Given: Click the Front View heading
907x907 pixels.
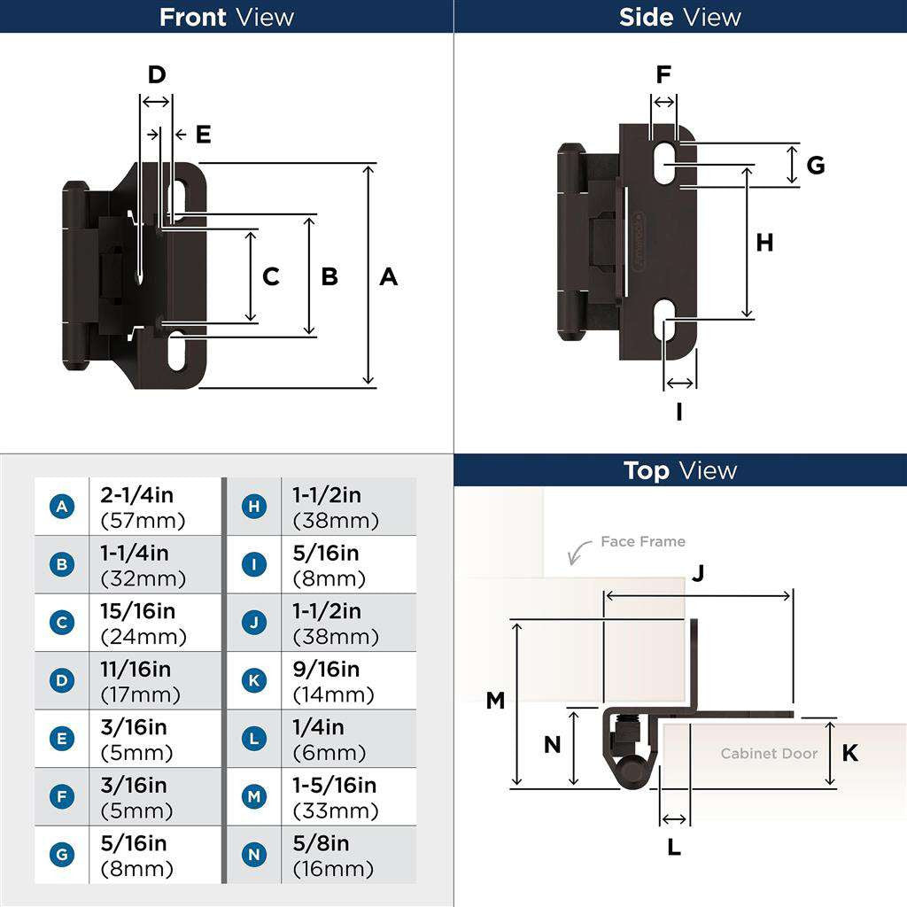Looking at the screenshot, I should (x=227, y=17).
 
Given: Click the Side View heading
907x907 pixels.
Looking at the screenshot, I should (x=680, y=17).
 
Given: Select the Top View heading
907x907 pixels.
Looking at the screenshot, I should (x=680, y=470).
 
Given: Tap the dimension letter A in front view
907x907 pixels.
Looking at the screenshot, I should (x=388, y=277).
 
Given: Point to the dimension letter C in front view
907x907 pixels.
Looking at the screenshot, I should (x=271, y=277).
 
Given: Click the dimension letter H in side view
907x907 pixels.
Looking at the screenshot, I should (x=764, y=243).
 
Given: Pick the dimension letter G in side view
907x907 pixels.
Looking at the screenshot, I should (x=816, y=166).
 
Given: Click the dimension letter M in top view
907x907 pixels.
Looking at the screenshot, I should (x=495, y=701).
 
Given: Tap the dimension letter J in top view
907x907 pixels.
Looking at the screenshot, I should (x=698, y=574).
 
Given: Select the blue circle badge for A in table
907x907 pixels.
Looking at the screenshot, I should (x=61, y=507).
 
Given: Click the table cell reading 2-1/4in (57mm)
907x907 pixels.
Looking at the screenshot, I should (x=143, y=508).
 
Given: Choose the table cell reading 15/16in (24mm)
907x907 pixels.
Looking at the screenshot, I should (x=143, y=624).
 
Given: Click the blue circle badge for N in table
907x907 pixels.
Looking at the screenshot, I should (x=254, y=855).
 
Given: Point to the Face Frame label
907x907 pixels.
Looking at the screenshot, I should (x=642, y=541).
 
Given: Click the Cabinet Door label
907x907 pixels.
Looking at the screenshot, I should (x=769, y=754).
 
